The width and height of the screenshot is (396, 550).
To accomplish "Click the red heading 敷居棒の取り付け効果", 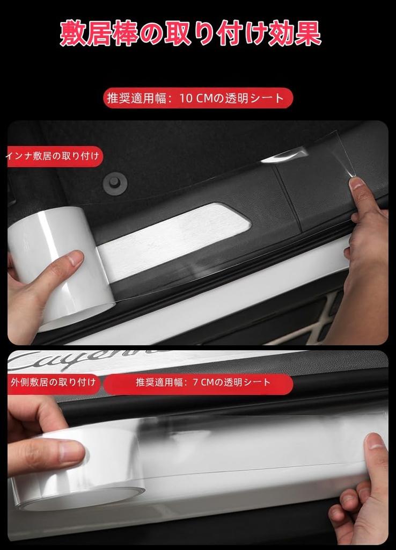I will pos(190,33).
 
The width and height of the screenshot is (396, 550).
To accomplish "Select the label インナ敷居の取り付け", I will pos(53,156).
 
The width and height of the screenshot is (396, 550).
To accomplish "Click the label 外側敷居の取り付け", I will pos(53,382).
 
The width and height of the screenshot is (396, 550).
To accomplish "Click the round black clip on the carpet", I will pos(115,182).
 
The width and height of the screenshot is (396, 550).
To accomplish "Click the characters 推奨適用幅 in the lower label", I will pos(156,382).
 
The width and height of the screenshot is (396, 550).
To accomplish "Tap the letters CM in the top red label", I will pos(205,98).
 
